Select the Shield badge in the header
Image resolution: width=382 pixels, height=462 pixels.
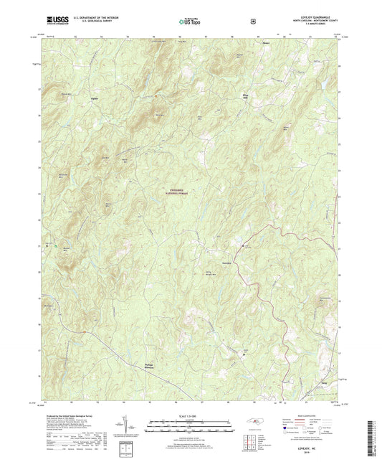[x=252, y=22]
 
